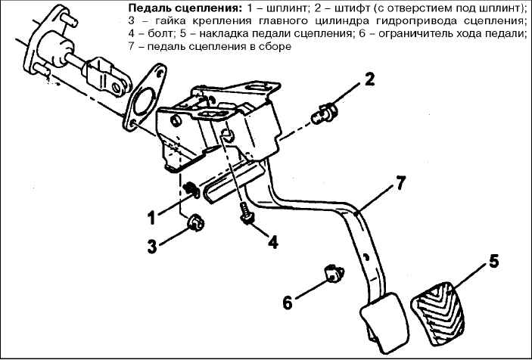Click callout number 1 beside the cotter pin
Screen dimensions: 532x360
point(152,217)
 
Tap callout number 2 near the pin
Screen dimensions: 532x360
point(369,79)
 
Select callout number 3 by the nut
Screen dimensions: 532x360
point(152,246)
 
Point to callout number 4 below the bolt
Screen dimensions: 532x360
point(272,242)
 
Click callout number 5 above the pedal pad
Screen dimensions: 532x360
point(493,262)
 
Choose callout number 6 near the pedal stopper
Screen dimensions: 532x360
point(288,303)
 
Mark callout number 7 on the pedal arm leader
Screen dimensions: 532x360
point(400,183)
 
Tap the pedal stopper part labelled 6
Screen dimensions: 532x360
point(334,274)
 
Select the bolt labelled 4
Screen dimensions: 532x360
point(246,213)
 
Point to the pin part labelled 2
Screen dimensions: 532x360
point(324,113)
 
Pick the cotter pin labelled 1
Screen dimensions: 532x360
point(191,190)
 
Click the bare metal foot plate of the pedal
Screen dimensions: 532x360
point(384,320)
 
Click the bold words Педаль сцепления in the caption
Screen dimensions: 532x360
point(184,8)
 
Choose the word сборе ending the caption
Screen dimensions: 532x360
point(277,47)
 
